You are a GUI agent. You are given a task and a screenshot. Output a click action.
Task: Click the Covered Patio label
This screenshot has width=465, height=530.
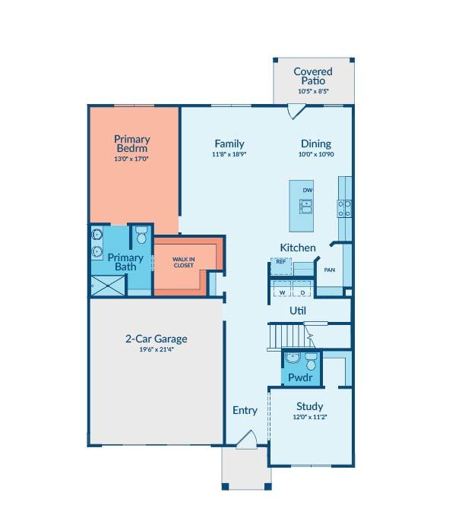coord(313,76)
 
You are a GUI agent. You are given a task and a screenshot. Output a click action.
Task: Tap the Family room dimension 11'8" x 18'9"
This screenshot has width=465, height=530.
coord(229,154)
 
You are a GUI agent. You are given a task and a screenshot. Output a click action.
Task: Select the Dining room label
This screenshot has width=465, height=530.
coord(316,144)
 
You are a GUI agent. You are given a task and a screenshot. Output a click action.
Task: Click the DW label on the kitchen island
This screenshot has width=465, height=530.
coord(308,191)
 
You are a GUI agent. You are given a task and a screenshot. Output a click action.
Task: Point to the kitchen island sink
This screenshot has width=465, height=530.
coord(305,207)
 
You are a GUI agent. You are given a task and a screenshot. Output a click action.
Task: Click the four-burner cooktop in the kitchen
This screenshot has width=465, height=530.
coord(344,209)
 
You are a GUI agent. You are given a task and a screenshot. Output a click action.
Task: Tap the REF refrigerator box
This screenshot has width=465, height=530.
coord(281,267)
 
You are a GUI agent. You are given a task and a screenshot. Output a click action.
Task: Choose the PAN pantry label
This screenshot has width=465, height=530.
coord(330,270)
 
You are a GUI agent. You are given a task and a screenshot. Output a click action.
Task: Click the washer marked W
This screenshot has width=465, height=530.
coord(282,289)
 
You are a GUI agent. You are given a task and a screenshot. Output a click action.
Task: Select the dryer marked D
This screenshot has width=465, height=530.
coord(302,289)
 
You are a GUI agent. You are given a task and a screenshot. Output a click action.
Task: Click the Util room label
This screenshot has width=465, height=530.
coord(298,311)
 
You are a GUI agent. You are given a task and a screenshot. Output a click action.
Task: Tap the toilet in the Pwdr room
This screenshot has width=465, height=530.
coord(311,361)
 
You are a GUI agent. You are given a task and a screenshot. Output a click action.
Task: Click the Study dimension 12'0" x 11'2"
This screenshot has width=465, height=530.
coord(310,417)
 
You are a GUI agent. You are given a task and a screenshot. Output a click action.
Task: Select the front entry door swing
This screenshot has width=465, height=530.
coord(247,440)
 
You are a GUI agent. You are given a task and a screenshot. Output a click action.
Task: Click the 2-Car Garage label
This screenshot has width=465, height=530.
coord(157,339)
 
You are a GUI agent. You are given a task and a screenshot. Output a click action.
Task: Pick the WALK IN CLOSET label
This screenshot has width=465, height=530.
coord(184,262)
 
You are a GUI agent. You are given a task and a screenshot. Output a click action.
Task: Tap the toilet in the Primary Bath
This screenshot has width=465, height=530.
coord(141,235)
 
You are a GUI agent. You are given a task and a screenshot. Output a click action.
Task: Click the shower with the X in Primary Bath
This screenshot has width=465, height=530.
coord(108,286)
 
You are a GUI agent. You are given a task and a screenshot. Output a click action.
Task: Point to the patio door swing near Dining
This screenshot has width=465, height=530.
coord(296,111)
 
